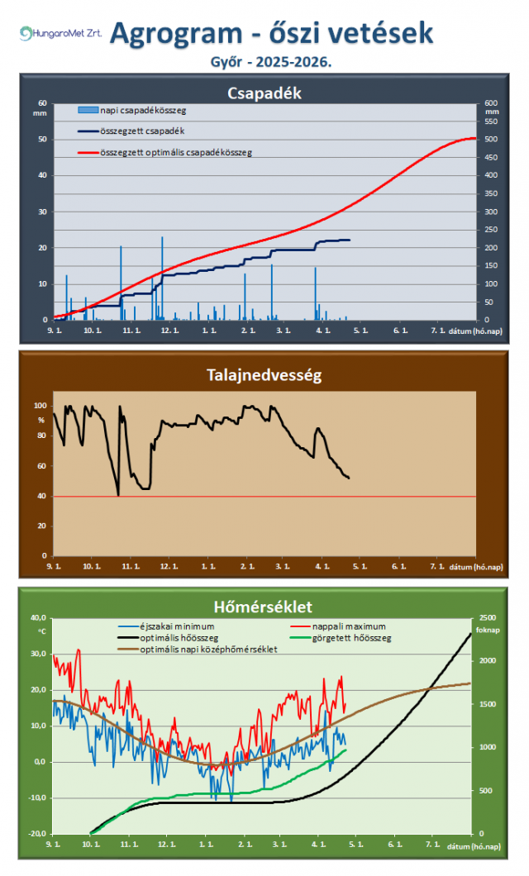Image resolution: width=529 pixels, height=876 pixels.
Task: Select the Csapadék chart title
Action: [x=264, y=93]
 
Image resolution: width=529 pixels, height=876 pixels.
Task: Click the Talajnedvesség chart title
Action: [x=264, y=375]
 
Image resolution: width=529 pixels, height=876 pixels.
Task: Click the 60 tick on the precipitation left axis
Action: [x=42, y=103]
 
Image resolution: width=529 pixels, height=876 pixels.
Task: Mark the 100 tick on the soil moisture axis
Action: [x=40, y=406]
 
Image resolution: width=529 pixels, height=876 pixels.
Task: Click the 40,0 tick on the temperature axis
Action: [x=38, y=618]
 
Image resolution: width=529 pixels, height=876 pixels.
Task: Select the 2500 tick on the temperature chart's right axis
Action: [x=489, y=618]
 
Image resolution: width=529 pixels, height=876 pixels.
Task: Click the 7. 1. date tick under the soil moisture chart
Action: [x=437, y=567]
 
